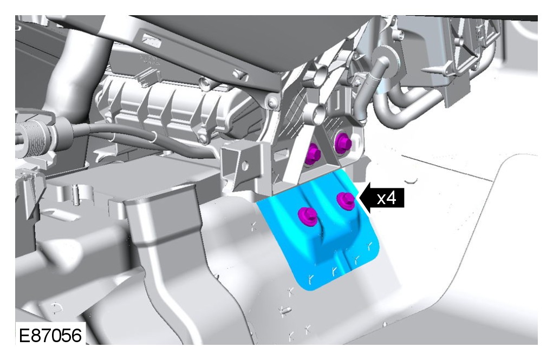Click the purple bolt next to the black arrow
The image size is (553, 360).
345,200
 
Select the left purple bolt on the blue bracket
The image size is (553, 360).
307,216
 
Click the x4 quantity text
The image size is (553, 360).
387,199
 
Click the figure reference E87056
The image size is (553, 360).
50,335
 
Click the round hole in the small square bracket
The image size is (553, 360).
245,165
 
